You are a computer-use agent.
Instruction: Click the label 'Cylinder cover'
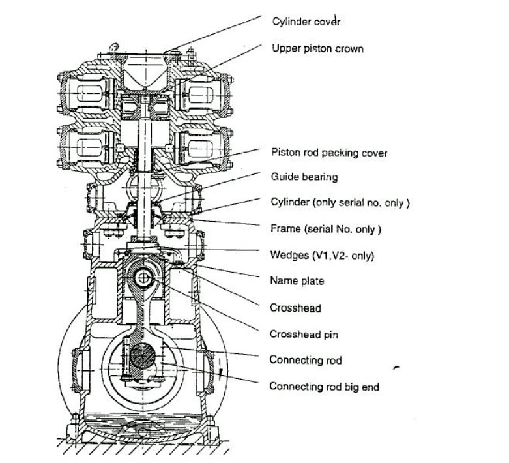(306, 21)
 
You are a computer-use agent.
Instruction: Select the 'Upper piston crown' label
(317, 49)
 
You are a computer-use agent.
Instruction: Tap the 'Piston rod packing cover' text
(329, 153)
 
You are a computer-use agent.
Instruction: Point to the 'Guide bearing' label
(304, 177)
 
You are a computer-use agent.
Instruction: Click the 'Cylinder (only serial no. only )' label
(340, 203)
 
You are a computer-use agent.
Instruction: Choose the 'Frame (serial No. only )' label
(325, 229)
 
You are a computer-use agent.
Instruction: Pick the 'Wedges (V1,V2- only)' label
(322, 254)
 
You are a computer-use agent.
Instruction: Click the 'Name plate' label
(297, 281)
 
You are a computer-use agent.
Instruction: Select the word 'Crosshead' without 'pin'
(295, 307)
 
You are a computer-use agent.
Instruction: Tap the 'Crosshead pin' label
(304, 334)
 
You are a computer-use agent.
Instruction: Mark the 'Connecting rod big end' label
(324, 387)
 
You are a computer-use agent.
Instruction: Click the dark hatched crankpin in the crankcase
(143, 357)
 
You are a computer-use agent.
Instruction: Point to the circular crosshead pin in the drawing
(143, 278)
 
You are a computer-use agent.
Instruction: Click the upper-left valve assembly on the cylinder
(89, 95)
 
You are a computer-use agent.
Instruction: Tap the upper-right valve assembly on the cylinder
(201, 95)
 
